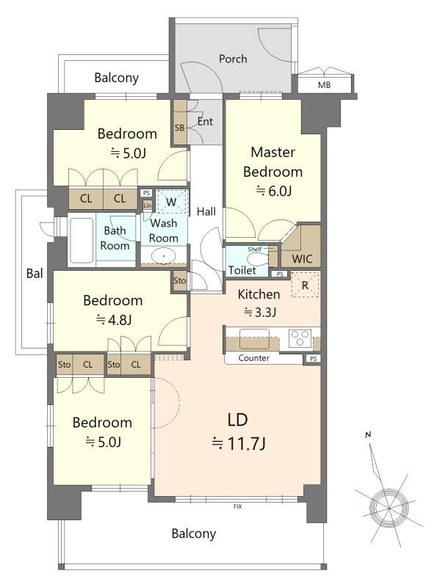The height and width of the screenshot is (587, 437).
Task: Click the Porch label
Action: click(x=233, y=59)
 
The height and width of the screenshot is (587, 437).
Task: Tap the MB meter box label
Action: click(x=324, y=85)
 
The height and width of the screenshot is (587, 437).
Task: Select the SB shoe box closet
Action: click(x=180, y=122)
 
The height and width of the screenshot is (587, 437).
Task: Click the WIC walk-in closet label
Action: click(x=302, y=259)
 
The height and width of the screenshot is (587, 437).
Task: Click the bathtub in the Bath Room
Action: click(x=82, y=240)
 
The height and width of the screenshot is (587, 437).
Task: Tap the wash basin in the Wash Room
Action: click(x=164, y=256)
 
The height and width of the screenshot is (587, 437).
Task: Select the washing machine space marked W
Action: click(x=171, y=202)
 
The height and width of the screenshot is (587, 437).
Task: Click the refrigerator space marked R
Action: click(x=305, y=285)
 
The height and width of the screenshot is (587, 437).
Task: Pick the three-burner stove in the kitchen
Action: click(x=300, y=338)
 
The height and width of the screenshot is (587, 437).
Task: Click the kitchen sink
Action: click(x=254, y=339)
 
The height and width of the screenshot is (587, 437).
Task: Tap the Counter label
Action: click(x=253, y=358)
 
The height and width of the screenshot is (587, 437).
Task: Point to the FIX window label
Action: click(x=238, y=506)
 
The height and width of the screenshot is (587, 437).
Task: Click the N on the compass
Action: click(x=368, y=434)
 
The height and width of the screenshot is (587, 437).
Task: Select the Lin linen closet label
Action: click(x=148, y=205)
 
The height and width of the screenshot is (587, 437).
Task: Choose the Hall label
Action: click(x=206, y=211)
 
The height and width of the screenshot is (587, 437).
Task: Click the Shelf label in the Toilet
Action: click(x=254, y=249)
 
